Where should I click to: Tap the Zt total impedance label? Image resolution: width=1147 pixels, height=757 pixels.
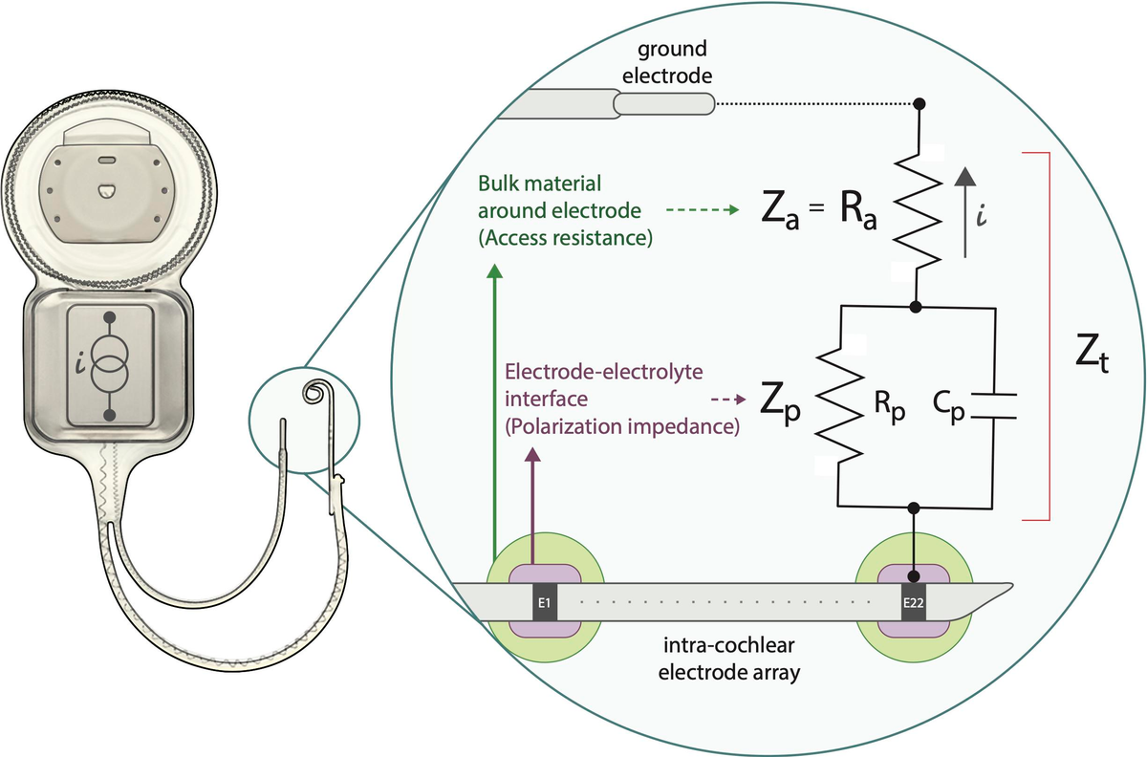1089,359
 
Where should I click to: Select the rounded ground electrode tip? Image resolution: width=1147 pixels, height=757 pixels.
663,102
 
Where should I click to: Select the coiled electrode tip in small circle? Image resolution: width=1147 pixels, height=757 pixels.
314,392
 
